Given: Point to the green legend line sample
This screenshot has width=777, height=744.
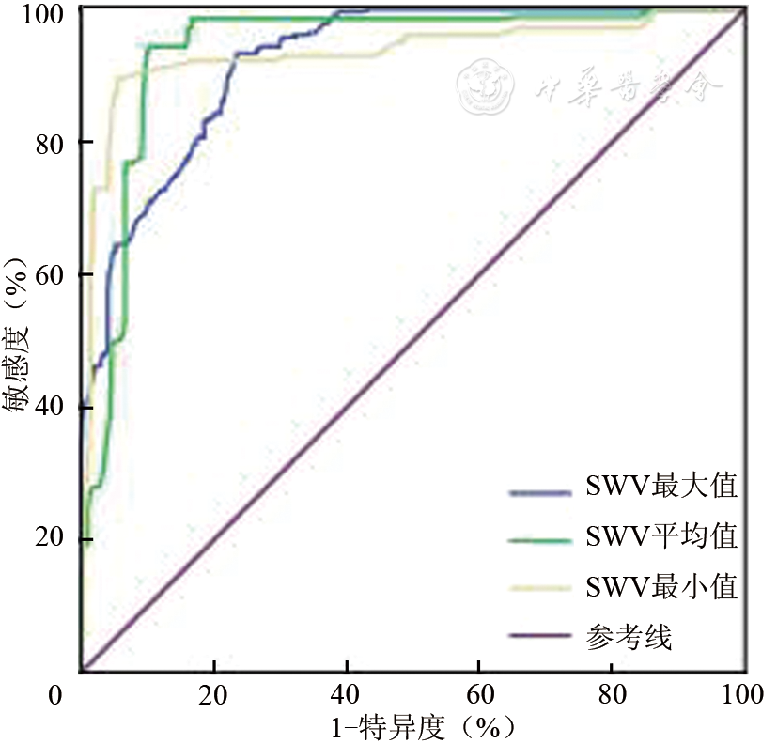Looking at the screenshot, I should pos(539,538).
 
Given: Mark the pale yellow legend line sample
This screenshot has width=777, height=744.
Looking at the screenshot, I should pos(539,588).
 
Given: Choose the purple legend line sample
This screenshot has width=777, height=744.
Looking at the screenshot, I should pos(539,639).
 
